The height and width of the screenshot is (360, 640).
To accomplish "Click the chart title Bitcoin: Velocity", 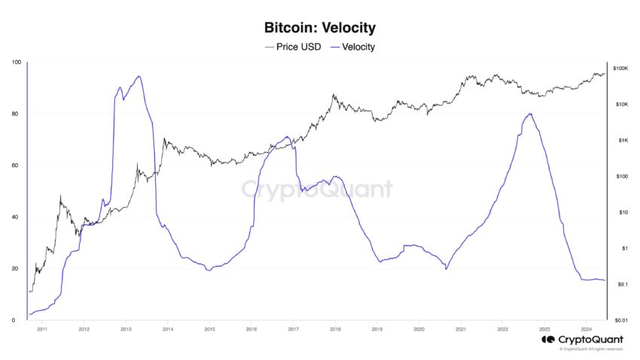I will click(320, 29).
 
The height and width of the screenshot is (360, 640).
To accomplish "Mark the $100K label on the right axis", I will click(620, 69).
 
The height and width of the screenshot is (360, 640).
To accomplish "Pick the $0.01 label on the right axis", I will click(620, 320).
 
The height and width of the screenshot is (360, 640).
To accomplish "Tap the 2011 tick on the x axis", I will click(42, 330).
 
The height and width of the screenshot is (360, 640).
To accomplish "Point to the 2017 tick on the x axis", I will click(294, 330).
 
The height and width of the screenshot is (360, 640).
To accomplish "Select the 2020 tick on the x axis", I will click(419, 330).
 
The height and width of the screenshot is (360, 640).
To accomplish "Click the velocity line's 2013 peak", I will click(139, 76).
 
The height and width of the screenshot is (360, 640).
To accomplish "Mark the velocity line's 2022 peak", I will click(531, 114).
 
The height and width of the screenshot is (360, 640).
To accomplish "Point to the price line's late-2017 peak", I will click(334, 95).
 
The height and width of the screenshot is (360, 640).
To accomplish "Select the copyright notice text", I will click(591, 349).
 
